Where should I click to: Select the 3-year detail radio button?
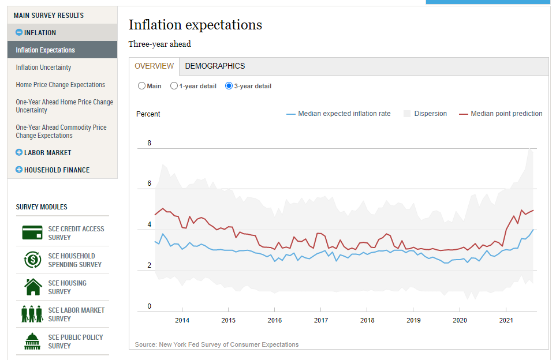coord(229,86)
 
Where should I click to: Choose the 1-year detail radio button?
coord(174,86)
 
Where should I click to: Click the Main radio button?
coord(141,86)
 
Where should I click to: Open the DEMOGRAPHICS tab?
coord(215,66)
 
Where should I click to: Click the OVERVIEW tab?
coord(154,66)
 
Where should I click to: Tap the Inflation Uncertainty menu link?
coord(43,67)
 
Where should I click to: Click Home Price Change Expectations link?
coord(61,85)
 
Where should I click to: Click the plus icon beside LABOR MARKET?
coord(19,153)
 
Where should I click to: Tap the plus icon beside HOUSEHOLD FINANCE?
coord(19,170)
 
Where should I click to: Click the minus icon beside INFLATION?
coord(19,33)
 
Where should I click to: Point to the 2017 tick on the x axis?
coord(321,320)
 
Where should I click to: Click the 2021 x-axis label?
coord(506,320)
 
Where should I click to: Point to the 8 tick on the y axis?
coord(150,143)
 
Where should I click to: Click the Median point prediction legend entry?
coord(501,114)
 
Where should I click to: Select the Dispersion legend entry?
coord(425,114)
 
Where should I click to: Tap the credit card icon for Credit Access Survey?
coord(32,232)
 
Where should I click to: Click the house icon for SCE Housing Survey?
coord(33,287)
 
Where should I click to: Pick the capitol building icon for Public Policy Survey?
coord(32,341)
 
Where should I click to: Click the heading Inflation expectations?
coord(195,25)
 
